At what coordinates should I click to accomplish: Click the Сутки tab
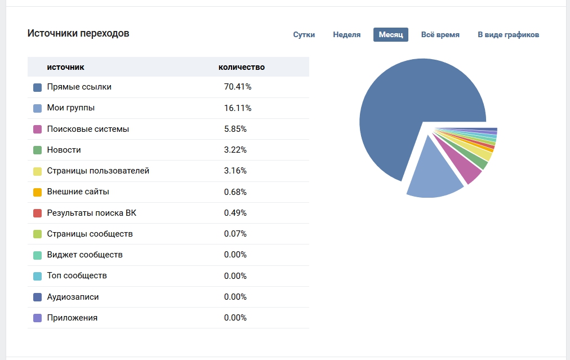[304, 35]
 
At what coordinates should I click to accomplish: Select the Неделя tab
[346, 35]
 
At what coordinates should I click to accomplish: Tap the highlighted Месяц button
[390, 35]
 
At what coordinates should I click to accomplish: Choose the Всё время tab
[440, 35]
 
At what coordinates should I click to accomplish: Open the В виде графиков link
[508, 35]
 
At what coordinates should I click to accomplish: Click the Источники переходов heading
[78, 33]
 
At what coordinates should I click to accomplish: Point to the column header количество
[241, 67]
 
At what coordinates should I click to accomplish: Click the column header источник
[65, 67]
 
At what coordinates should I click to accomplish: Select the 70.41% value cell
[237, 87]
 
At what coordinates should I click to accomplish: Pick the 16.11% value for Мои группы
[237, 108]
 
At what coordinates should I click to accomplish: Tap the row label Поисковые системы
[88, 129]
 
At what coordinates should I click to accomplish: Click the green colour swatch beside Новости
[38, 150]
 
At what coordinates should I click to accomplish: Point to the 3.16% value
[235, 171]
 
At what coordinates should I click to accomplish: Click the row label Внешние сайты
[78, 192]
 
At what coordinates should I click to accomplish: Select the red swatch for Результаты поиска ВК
[38, 213]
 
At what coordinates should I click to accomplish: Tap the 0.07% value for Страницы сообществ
[235, 234]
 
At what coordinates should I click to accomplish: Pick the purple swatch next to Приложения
[38, 318]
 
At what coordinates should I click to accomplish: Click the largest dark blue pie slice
[406, 113]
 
